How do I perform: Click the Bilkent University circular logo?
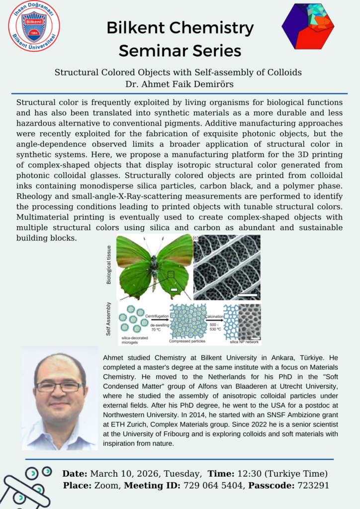[x=34, y=26]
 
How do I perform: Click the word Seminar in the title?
[x=156, y=50]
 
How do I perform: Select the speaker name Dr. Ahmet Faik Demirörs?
[x=180, y=83]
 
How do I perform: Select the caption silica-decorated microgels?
[x=135, y=340]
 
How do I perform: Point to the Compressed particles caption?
[x=188, y=341]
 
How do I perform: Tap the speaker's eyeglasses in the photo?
[x=59, y=387]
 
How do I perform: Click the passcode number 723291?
[x=310, y=486]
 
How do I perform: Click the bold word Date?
[x=75, y=473]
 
